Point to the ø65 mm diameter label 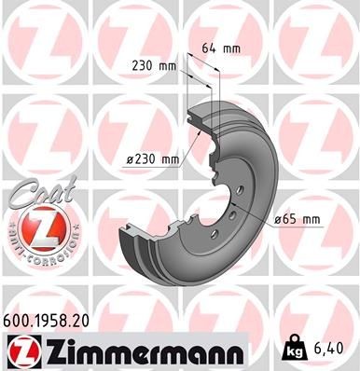297,219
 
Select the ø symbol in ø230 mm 132,159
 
